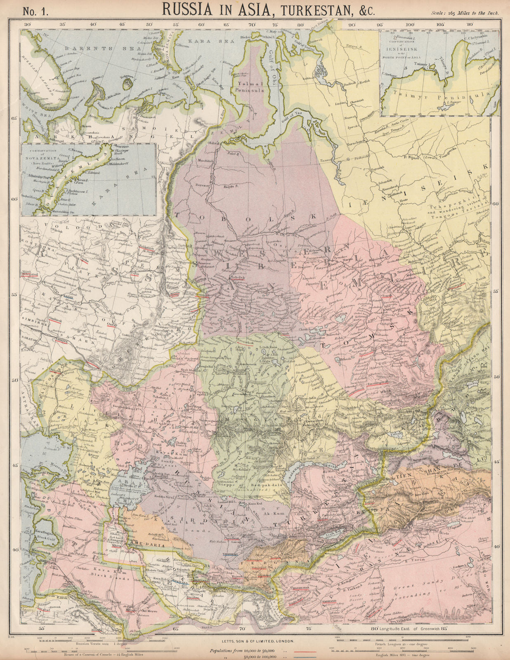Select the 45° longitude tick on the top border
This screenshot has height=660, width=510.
(122, 24)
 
